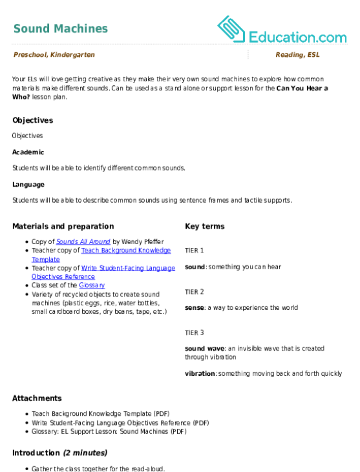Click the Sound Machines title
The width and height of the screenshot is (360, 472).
(61, 28)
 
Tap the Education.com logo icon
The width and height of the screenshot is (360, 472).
(231, 29)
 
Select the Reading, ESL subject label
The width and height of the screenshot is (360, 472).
(297, 54)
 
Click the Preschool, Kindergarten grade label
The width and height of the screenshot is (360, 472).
(54, 54)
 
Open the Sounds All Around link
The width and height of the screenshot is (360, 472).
(83, 241)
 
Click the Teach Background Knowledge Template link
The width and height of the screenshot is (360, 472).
(101, 254)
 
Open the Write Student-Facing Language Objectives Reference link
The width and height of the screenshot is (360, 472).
(103, 272)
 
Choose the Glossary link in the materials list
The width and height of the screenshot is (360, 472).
(92, 285)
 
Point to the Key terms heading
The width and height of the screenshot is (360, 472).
(204, 226)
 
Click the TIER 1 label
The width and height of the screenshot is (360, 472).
(195, 251)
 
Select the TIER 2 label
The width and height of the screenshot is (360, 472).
(195, 292)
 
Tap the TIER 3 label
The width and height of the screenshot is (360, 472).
(195, 333)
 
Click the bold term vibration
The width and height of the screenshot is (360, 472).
(200, 374)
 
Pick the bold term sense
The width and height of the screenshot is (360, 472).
(195, 307)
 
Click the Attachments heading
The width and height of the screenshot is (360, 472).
(37, 398)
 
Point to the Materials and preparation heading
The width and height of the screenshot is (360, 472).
(63, 227)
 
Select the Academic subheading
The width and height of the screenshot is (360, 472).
(28, 152)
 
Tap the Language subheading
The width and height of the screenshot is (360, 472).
(28, 185)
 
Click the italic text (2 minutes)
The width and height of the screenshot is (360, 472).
(85, 453)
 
